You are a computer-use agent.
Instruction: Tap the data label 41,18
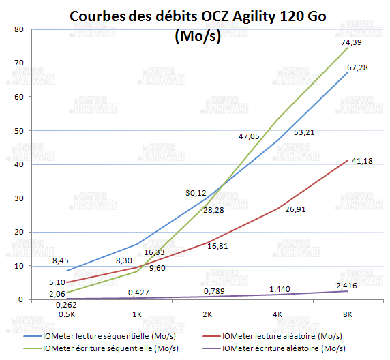pos(359,161)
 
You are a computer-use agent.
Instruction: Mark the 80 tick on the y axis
pos(18,29)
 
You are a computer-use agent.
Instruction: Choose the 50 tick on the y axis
pos(18,131)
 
